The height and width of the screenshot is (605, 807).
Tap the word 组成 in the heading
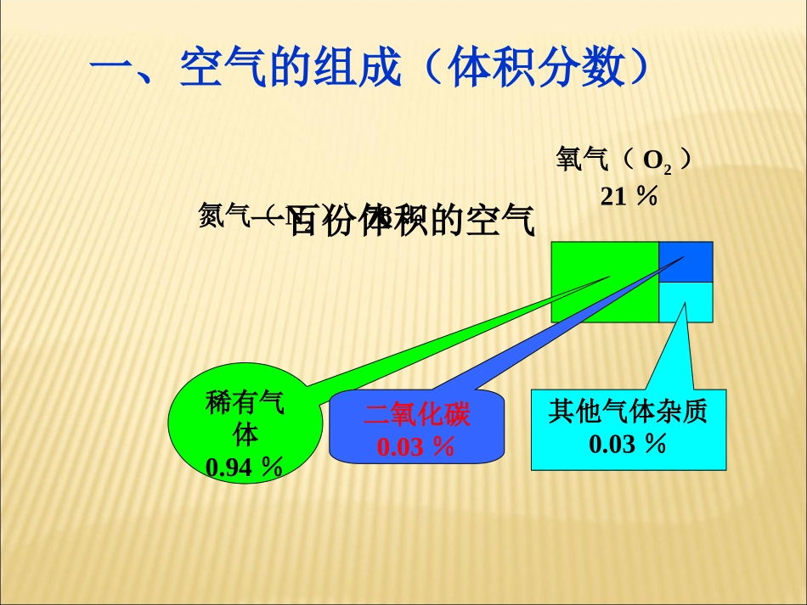click(358, 69)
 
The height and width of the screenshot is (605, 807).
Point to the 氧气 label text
click(581, 160)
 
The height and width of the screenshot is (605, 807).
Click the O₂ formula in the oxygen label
click(657, 161)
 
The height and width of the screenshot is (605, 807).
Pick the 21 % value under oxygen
click(629, 196)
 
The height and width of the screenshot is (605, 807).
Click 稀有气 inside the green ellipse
click(245, 403)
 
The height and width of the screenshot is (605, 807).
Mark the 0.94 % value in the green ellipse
click(245, 467)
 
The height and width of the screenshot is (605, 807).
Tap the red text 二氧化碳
click(416, 415)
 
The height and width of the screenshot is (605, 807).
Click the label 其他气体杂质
click(628, 412)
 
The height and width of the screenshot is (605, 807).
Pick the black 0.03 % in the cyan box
click(628, 443)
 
